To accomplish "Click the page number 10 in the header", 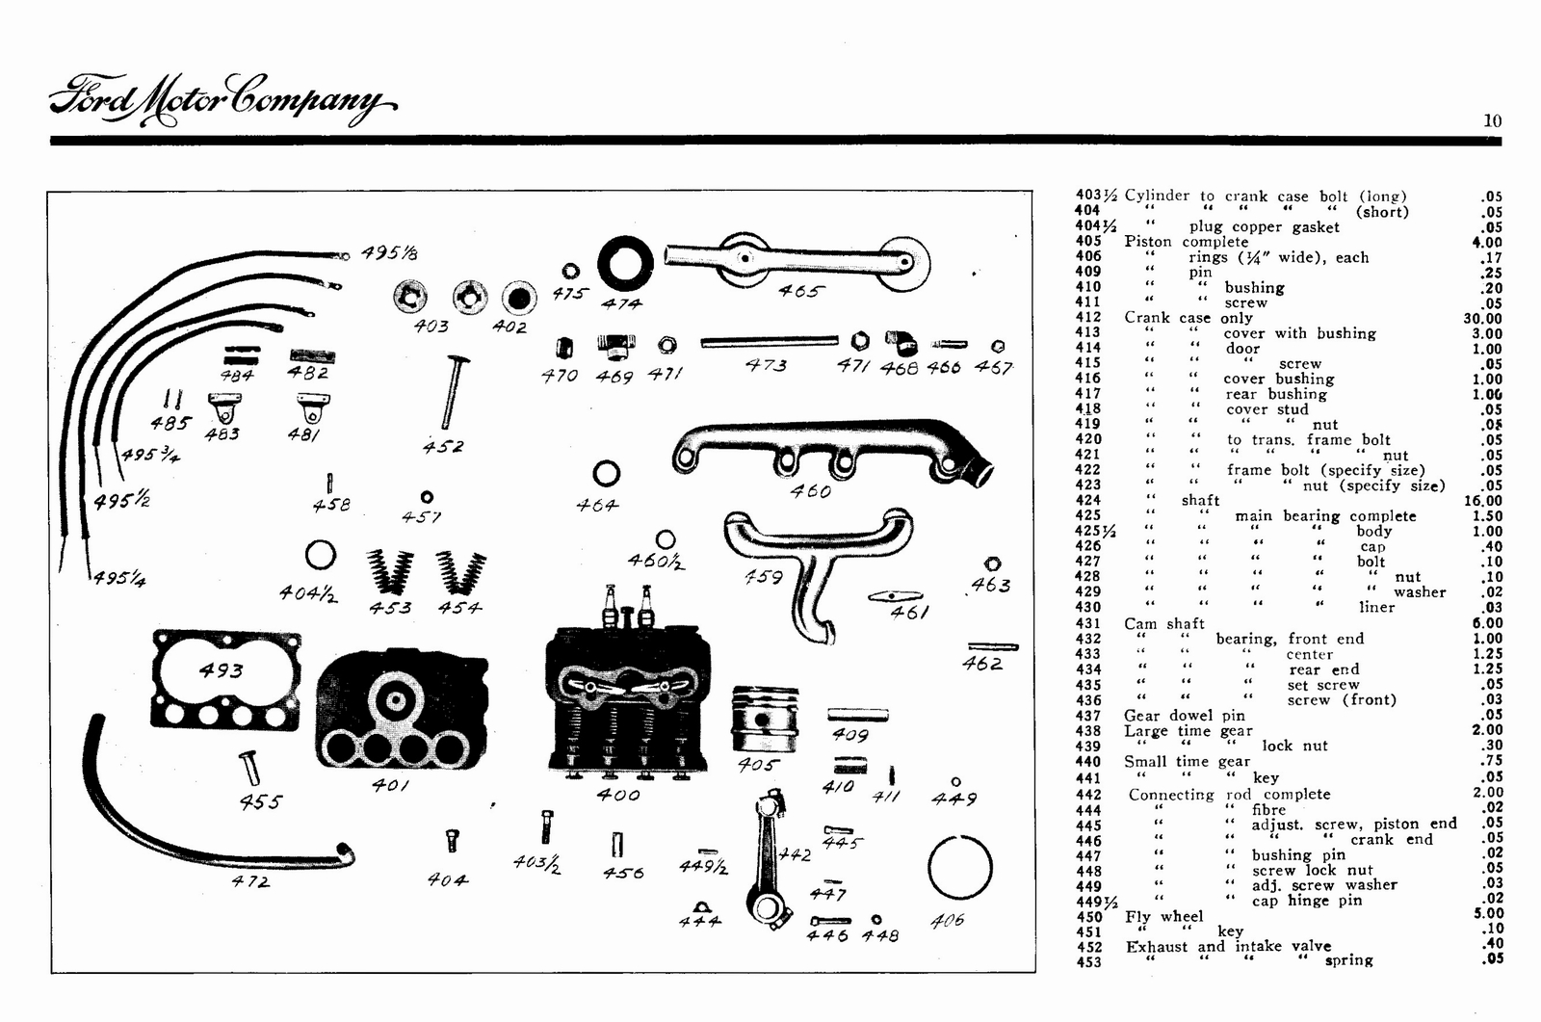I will [x=1492, y=120].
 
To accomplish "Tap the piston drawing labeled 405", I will [x=765, y=720].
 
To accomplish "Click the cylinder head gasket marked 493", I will [x=226, y=679].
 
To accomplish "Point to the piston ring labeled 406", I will [x=959, y=867].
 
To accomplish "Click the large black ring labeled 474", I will [x=625, y=263].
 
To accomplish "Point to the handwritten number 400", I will [x=617, y=795].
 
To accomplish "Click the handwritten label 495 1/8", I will [x=389, y=252].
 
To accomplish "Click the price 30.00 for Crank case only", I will [x=1481, y=318].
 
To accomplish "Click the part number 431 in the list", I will [x=1087, y=623].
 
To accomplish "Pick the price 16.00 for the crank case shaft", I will [x=1481, y=500].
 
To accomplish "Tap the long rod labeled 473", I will [x=769, y=341].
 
